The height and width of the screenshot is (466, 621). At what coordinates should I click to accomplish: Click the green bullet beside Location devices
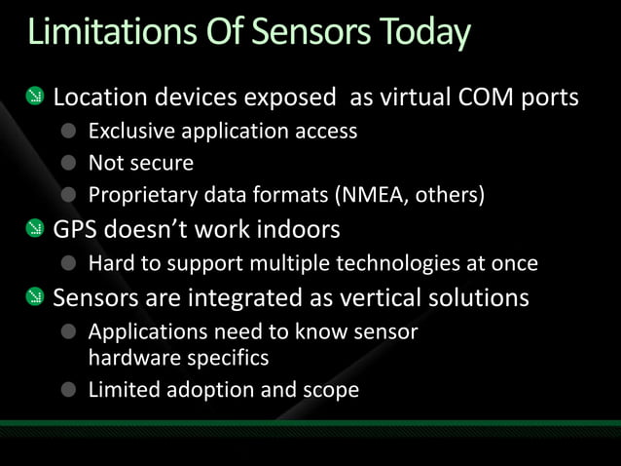(x=35, y=97)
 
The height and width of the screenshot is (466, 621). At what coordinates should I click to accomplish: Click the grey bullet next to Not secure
(x=68, y=163)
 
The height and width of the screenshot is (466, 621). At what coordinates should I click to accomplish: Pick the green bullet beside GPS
(x=35, y=230)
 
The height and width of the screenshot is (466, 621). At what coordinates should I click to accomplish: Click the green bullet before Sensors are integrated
(x=35, y=296)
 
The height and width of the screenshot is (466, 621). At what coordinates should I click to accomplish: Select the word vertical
(x=385, y=296)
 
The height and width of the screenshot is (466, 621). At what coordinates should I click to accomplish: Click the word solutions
(x=481, y=296)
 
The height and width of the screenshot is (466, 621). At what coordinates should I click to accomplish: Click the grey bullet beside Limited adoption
(x=68, y=391)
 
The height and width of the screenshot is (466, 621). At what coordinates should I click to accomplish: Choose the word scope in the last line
(x=332, y=391)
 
